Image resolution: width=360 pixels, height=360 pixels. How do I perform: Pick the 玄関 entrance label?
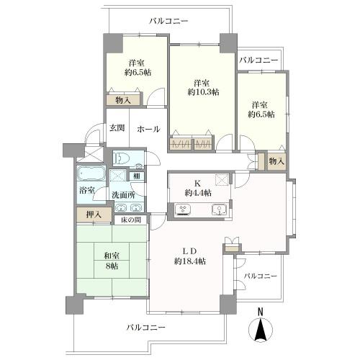(117, 128)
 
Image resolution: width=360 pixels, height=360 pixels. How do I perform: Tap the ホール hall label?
(148, 129)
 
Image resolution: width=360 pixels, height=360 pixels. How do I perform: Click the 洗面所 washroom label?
(122, 195)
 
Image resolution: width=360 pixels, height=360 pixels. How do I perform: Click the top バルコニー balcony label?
(168, 22)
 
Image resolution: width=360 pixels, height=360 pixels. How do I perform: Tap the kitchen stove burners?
(184, 210)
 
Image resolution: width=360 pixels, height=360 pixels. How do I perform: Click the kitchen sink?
(217, 210)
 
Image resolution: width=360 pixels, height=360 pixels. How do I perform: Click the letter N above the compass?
(261, 312)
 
